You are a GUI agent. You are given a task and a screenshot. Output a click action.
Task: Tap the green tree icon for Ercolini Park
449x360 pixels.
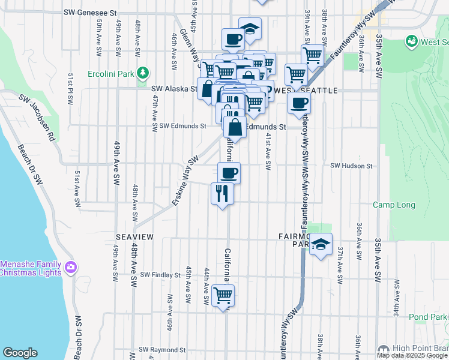tap(142, 73)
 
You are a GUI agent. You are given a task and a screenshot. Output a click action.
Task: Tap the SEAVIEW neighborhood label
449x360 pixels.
tap(134, 238)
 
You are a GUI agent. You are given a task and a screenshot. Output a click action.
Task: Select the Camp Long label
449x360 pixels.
tap(394, 205)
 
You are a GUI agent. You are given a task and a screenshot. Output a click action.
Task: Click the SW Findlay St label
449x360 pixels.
tap(160, 275)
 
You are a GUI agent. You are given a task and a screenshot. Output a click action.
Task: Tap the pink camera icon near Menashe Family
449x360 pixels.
tap(71, 266)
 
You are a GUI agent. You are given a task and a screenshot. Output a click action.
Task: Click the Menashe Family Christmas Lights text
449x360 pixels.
tap(30, 268)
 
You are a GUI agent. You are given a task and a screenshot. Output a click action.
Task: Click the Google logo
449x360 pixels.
tap(20, 353)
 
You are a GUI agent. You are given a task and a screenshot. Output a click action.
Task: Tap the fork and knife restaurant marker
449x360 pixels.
tap(222, 193)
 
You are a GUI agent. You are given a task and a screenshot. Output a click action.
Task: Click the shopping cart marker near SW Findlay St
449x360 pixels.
tap(223, 295)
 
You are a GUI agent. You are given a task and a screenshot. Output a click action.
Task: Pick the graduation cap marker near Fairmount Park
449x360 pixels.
tap(321, 244)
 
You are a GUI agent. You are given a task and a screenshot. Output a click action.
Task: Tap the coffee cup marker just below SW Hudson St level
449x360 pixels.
tap(229, 173)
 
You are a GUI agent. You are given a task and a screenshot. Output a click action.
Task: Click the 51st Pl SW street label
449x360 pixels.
tap(71, 88)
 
